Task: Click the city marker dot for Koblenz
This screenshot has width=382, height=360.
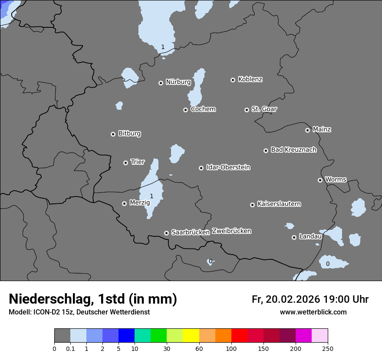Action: pyautogui.click(x=233, y=80)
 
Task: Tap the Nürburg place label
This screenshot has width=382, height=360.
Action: pyautogui.click(x=178, y=82)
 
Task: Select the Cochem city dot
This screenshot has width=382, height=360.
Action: pyautogui.click(x=185, y=110)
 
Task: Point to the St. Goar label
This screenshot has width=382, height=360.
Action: pyautogui.click(x=264, y=109)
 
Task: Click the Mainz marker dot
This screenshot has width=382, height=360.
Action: pyautogui.click(x=307, y=130)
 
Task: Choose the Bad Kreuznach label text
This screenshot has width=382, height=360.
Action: pyautogui.click(x=293, y=150)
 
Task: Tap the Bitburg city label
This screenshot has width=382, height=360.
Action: pyautogui.click(x=129, y=134)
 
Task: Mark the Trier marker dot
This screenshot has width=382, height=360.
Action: pyautogui.click(x=125, y=163)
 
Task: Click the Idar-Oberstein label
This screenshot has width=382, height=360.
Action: pyautogui.click(x=228, y=167)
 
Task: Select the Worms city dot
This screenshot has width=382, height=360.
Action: pyautogui.click(x=320, y=180)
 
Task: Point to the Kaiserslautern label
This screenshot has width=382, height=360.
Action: pyautogui.click(x=279, y=204)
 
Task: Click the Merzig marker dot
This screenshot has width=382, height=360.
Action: pyautogui.click(x=124, y=203)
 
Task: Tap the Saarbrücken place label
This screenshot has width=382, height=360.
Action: pyautogui.click(x=190, y=232)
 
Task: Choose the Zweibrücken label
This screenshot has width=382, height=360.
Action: pyautogui.click(x=231, y=231)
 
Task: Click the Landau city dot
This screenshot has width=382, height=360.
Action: pyautogui.click(x=294, y=237)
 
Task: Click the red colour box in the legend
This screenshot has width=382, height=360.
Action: pyautogui.click(x=239, y=336)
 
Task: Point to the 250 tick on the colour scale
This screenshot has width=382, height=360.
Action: pyautogui.click(x=328, y=348)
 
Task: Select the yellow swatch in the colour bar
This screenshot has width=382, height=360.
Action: pyautogui.click(x=191, y=336)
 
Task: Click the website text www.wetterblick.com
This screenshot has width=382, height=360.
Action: pyautogui.click(x=313, y=312)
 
